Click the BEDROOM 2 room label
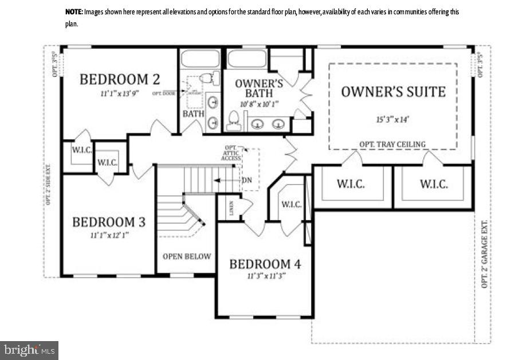pos(119,79)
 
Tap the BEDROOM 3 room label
pos(108,222)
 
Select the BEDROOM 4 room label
pos(265,264)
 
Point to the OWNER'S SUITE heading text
pos(393,92)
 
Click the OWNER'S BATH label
pos(259,88)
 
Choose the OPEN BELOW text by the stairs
pos(186,256)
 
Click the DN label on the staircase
pos(247,180)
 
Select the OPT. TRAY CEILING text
pos(392,144)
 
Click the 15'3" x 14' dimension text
pos(392,120)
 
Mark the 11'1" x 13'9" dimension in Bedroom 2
pos(119,93)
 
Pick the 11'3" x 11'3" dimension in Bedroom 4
pos(265,276)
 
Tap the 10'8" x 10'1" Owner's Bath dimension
pos(259,104)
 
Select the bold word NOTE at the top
pos(73,12)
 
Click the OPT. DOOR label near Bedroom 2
pos(163,93)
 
